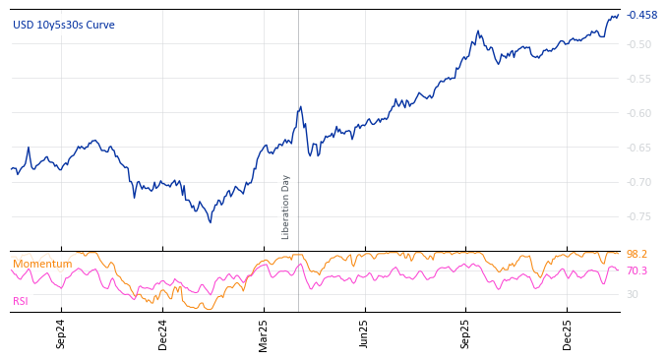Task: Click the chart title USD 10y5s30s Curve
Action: [63, 25]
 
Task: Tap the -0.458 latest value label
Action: [641, 15]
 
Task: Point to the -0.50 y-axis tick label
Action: [639, 44]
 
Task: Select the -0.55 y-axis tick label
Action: [639, 79]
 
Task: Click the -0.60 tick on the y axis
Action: [639, 113]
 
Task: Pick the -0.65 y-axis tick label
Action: [639, 148]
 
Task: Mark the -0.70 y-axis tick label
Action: [639, 182]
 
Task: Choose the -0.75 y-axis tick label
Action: [639, 216]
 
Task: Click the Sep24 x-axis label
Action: [61, 333]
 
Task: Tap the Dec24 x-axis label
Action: [163, 333]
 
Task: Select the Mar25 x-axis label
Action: [264, 333]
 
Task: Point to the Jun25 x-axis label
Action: [365, 333]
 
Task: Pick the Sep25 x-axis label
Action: [466, 333]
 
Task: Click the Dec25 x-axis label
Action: [568, 333]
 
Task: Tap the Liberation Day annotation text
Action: [286, 207]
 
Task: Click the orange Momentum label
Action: [42, 264]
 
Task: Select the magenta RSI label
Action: [21, 301]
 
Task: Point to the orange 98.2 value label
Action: [637, 254]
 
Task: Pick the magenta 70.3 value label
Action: [637, 270]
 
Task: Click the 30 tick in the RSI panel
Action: [633, 294]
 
